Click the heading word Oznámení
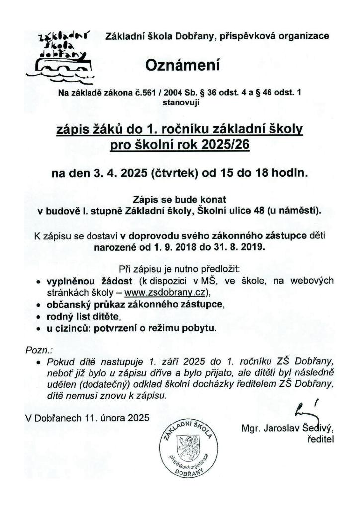pos(181,65)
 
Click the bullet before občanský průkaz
pos(39,304)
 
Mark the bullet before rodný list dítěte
pos(39,316)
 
